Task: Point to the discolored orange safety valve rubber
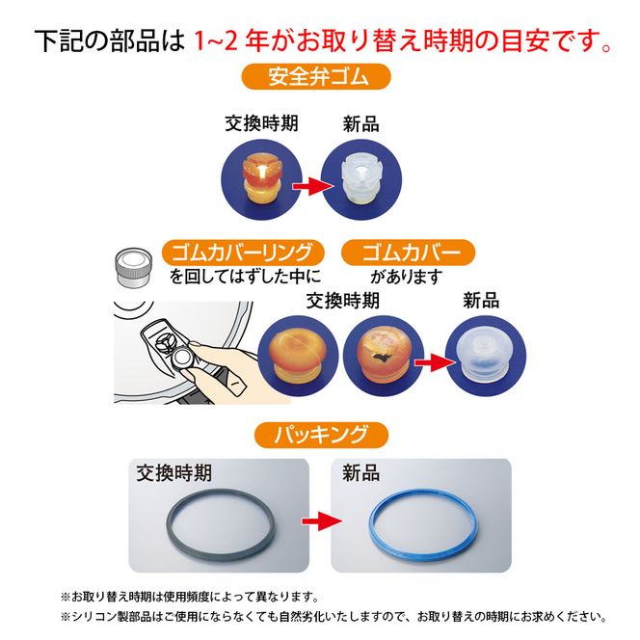tap(264, 175)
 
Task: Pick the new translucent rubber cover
tap(485, 353)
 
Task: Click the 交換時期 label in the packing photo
tap(174, 473)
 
